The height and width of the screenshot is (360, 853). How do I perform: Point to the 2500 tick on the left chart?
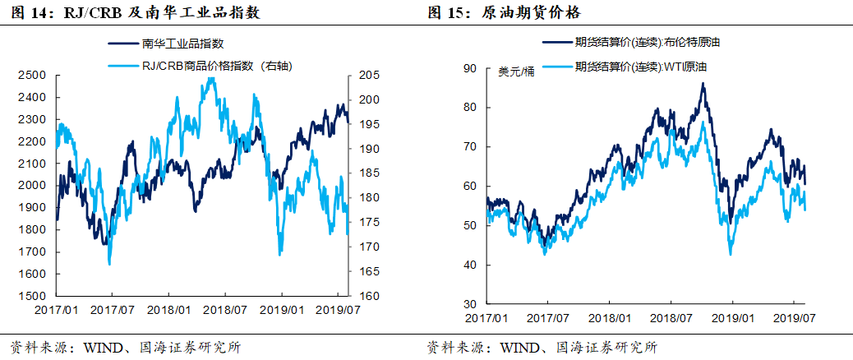(31, 75)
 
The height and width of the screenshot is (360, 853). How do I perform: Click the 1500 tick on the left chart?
(31, 296)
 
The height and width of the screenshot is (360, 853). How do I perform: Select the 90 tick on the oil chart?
(471, 67)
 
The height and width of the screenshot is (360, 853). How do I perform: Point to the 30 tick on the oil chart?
(471, 304)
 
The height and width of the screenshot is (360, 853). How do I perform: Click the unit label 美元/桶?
(516, 72)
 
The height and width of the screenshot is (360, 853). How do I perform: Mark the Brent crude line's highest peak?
(703, 83)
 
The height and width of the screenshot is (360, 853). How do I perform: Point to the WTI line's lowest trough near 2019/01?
(730, 254)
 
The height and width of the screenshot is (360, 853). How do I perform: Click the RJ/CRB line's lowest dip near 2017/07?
(109, 264)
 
